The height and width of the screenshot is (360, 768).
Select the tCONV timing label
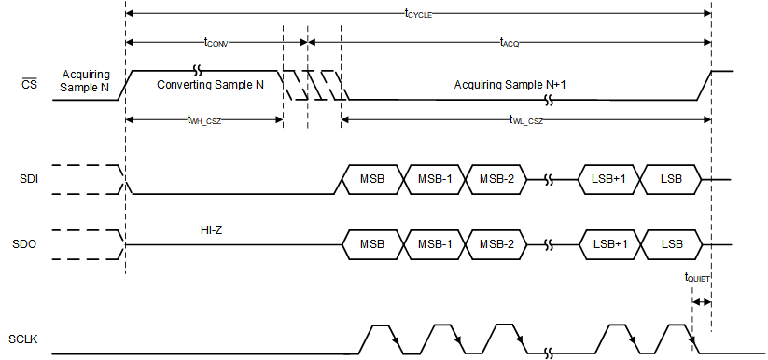click(x=217, y=42)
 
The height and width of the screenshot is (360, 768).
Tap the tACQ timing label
click(x=510, y=42)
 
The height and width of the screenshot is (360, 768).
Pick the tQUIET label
click(x=697, y=277)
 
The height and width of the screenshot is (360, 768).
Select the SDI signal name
click(x=29, y=179)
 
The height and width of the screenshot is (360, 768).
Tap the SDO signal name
click(x=29, y=244)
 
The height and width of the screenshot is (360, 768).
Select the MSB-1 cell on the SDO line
click(x=434, y=244)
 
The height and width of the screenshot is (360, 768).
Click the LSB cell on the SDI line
click(x=670, y=179)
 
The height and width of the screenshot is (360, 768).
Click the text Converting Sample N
click(x=210, y=85)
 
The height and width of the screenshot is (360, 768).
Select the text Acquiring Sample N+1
click(x=510, y=85)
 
